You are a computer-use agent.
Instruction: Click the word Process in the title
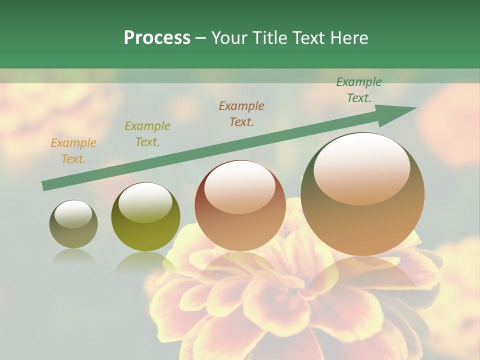click(x=157, y=38)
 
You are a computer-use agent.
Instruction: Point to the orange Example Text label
click(x=73, y=150)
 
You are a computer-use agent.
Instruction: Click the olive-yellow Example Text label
click(x=147, y=133)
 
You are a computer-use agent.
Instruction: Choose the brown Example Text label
click(x=241, y=113)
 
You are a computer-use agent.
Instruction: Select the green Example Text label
click(x=359, y=90)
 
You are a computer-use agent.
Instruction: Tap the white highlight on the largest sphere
click(x=361, y=167)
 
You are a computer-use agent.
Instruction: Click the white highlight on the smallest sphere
click(x=73, y=214)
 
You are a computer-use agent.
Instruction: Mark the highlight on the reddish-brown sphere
click(x=239, y=187)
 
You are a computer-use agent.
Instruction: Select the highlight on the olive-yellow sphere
click(x=144, y=202)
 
